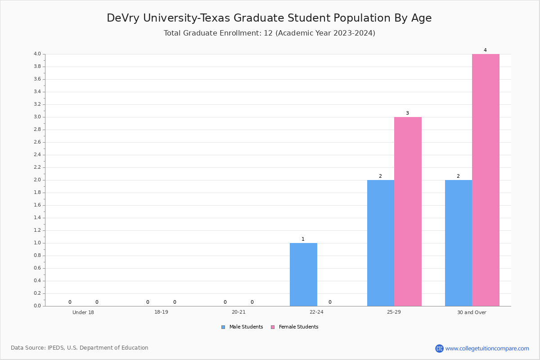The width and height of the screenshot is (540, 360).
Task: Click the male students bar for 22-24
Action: click(303, 274)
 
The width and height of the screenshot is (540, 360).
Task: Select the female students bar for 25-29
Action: click(408, 211)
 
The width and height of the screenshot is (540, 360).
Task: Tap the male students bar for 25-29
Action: click(381, 243)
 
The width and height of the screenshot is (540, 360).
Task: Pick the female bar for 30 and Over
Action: click(486, 180)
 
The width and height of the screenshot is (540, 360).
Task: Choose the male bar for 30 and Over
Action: click(459, 243)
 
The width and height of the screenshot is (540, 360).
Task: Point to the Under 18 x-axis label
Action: click(83, 312)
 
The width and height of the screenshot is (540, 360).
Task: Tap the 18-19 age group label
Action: click(161, 312)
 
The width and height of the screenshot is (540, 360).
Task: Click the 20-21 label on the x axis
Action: click(238, 312)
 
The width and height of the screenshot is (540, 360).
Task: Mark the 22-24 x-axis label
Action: click(316, 312)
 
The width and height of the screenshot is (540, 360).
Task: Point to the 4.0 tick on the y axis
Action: click(37, 54)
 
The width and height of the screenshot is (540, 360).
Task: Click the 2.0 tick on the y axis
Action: click(37, 180)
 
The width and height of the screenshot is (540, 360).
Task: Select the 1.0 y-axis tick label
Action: click(37, 243)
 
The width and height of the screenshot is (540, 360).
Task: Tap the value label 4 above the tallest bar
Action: click(485, 50)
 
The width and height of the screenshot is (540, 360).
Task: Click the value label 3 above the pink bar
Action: click(407, 113)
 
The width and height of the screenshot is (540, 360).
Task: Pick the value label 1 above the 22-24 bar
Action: click(303, 239)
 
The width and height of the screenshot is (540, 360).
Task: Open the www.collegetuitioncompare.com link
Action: click(487, 348)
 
